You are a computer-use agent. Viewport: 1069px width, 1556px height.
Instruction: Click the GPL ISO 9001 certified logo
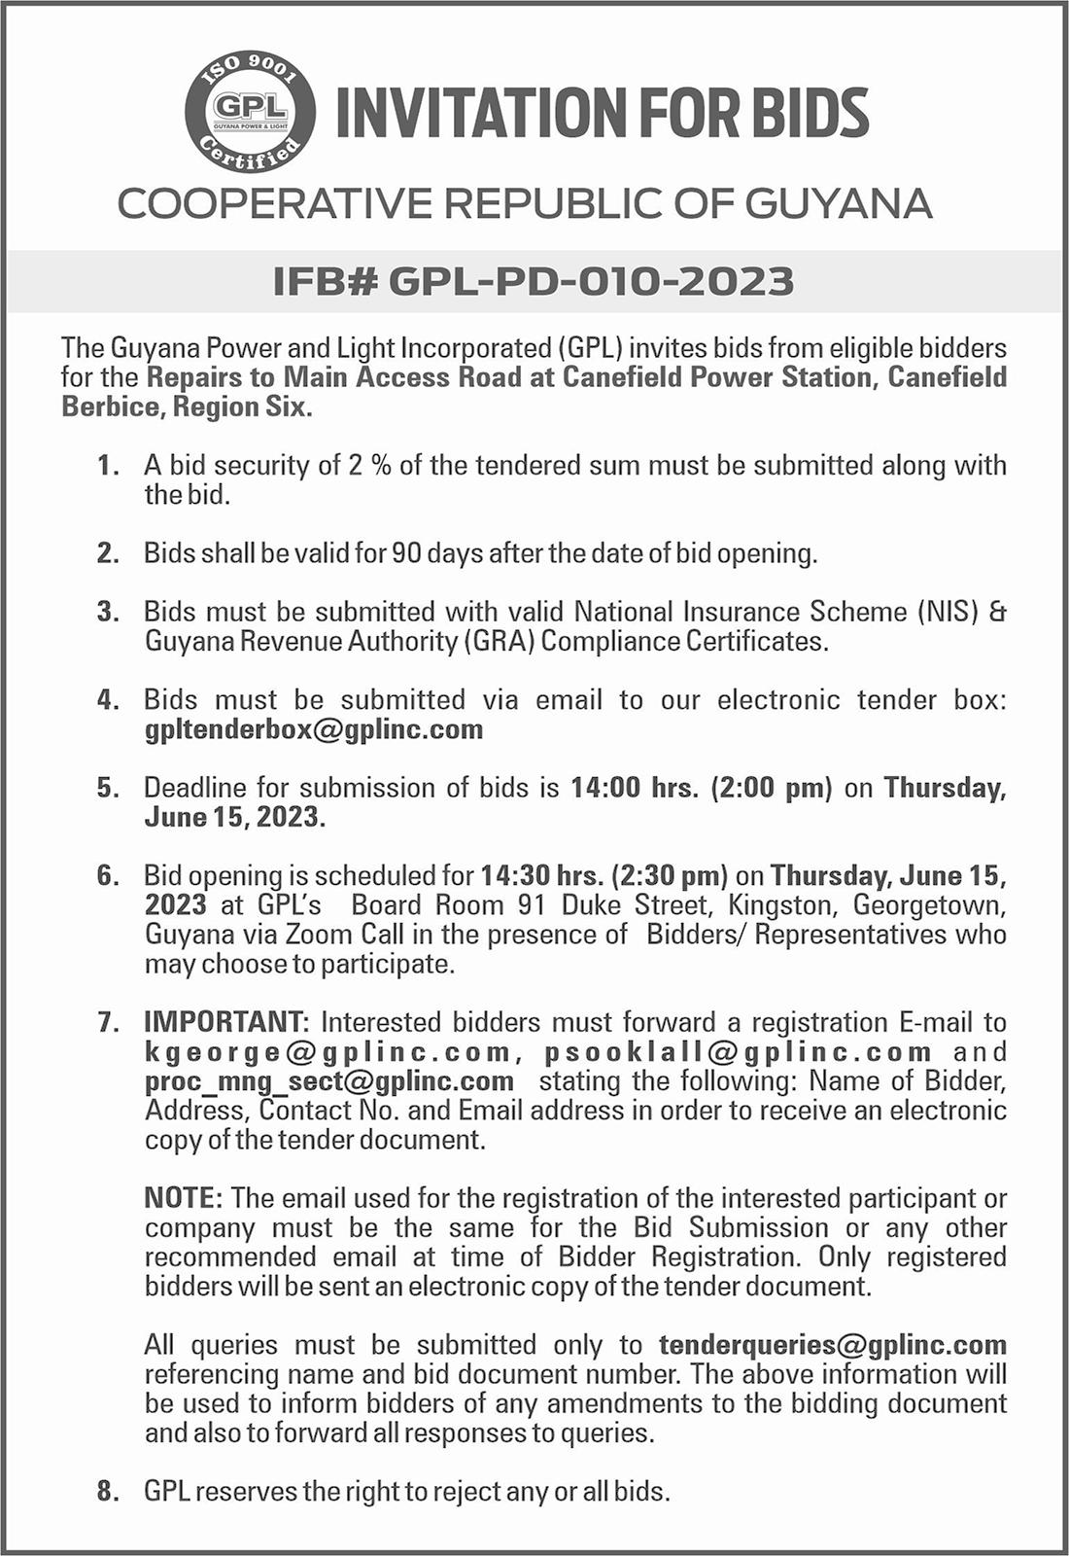point(250,112)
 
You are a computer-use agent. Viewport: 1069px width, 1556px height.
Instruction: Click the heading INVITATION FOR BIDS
point(602,113)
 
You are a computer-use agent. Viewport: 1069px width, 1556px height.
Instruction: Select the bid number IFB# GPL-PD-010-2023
point(534,281)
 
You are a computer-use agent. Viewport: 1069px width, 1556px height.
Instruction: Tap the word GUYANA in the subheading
point(839,204)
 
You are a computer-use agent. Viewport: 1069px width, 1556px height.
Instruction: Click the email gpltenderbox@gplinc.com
point(314,729)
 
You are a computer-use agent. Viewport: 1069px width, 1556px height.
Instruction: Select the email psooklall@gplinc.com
point(738,1051)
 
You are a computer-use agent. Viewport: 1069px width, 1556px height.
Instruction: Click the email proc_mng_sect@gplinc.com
point(329,1080)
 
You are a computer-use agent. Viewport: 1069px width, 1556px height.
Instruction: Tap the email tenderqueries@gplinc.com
point(832,1345)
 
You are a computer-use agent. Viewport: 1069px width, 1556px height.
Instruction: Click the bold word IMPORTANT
point(225,1022)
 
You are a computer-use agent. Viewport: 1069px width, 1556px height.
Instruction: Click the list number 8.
point(107,1491)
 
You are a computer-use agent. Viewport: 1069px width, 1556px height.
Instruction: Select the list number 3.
point(107,612)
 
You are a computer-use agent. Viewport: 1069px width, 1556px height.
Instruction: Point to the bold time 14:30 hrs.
point(541,876)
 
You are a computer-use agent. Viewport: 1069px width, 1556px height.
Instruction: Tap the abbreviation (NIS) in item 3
point(947,612)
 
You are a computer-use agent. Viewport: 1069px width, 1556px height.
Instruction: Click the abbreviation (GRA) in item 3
point(500,642)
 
